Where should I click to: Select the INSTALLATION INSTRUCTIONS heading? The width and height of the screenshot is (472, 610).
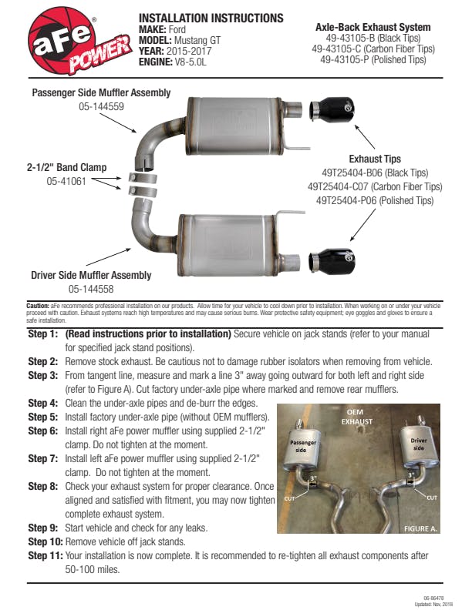211,18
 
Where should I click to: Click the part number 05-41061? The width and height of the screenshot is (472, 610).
66,182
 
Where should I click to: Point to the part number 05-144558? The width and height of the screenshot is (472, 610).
91,289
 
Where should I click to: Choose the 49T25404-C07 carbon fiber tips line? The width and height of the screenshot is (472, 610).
375,187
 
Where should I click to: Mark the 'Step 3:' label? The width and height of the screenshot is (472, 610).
43,375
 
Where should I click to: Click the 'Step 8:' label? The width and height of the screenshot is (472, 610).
43,486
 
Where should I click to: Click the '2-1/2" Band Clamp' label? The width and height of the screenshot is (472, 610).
66,167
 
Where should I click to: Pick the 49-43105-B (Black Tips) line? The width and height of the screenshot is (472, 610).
373,38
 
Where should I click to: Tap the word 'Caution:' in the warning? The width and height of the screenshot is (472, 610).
39,305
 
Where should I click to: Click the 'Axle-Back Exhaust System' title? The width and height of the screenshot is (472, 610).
373,27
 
